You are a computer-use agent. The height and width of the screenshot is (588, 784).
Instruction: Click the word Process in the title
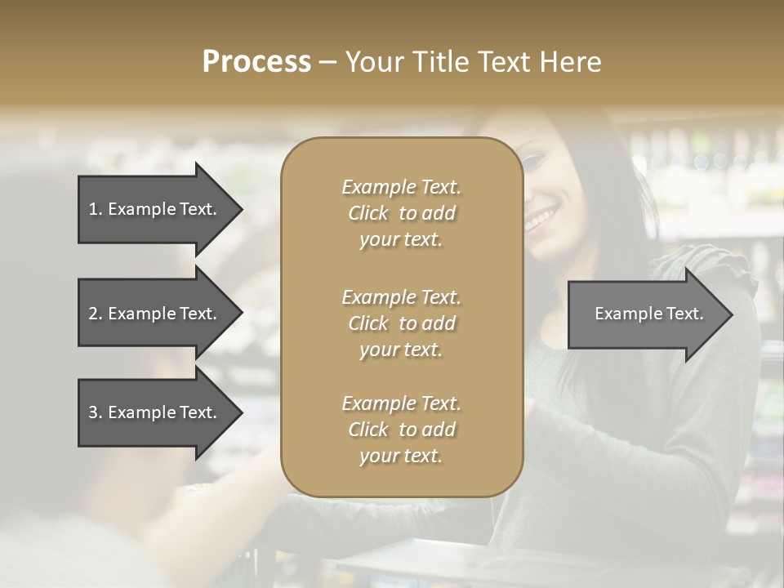pos(256,62)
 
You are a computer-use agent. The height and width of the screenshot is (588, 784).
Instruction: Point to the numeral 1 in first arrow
pos(93,209)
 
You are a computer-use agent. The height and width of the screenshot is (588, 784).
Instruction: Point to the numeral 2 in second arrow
pos(93,314)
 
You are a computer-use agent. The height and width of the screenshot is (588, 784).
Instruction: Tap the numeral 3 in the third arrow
pos(93,412)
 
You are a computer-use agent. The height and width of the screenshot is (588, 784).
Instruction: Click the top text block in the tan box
pos(401,213)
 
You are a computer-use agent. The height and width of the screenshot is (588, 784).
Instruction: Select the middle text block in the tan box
pos(401,323)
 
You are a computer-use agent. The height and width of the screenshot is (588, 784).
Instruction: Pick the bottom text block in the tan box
pos(401,430)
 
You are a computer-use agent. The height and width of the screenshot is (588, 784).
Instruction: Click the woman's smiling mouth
pos(540,219)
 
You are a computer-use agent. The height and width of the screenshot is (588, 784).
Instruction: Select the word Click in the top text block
pos(367,213)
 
